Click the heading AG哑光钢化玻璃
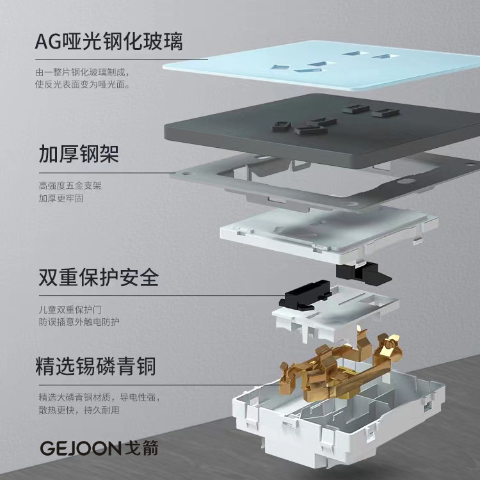[109, 42]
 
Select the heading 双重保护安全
[98, 278]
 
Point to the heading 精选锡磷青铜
[97, 367]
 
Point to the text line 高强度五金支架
[70, 186]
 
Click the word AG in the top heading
[50, 42]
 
